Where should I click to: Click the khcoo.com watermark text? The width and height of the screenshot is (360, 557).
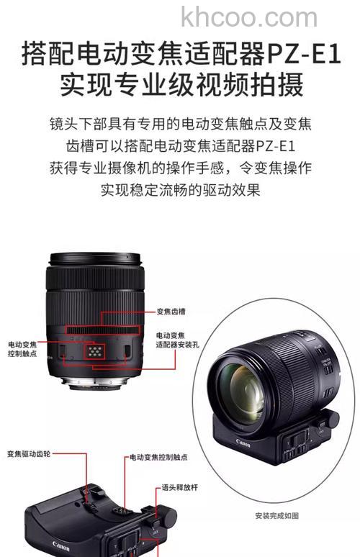point(248,17)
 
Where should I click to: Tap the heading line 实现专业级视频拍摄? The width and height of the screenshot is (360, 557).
point(180,85)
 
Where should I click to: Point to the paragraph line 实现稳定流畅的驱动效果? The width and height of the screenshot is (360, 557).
point(180,191)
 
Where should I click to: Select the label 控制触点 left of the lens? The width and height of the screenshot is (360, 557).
point(23,355)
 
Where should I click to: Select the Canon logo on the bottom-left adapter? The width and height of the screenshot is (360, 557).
point(61,545)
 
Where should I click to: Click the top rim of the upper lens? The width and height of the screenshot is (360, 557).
point(94,258)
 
